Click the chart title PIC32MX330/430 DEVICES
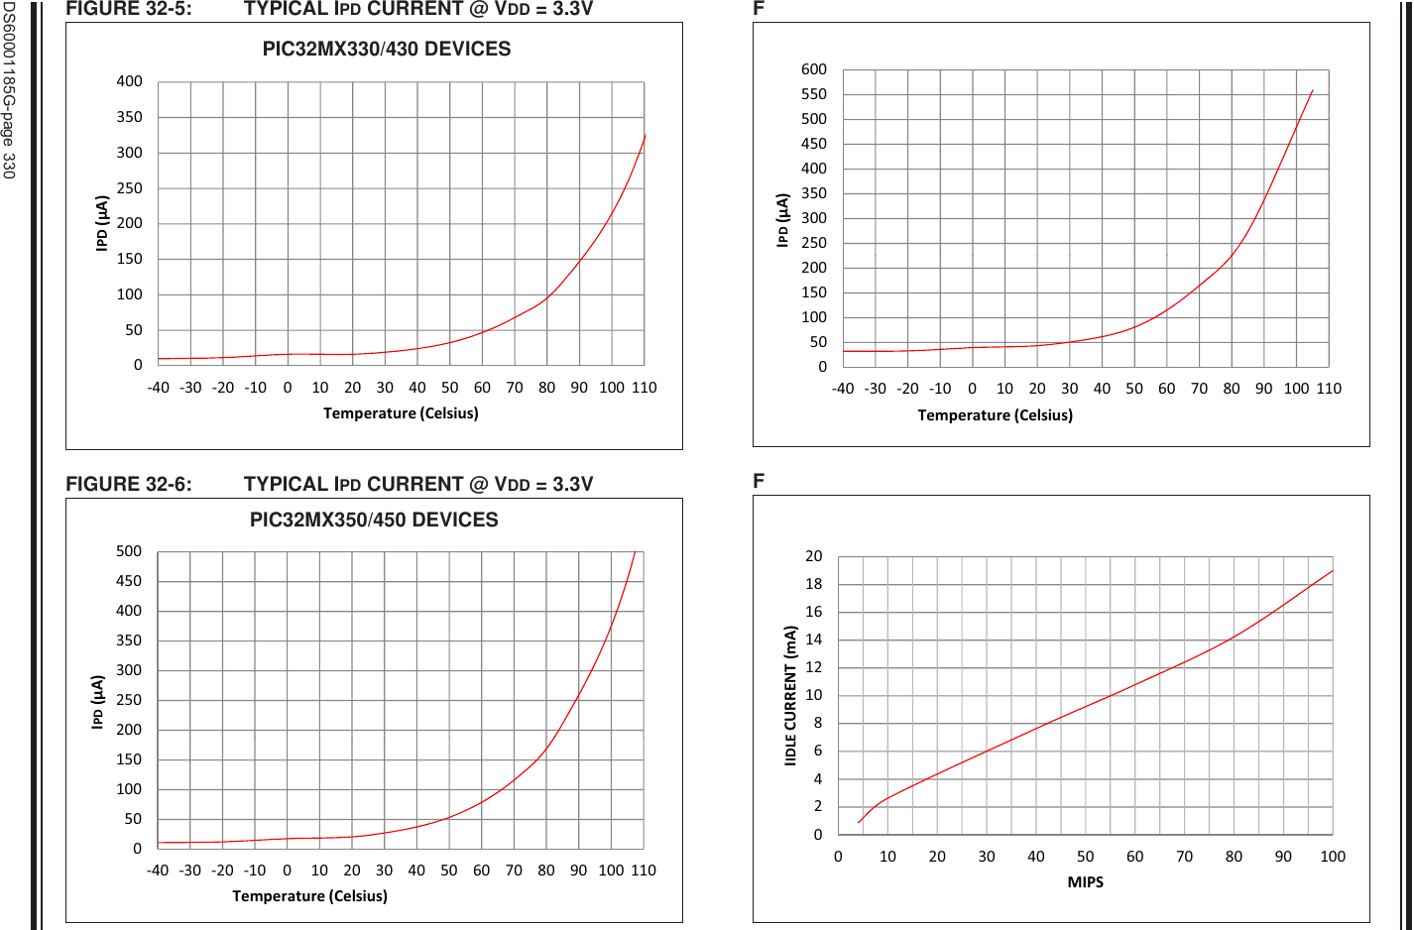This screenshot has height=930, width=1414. pos(387,49)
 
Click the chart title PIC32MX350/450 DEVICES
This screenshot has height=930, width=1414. pos(374,520)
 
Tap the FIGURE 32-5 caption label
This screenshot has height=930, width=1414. pos(129,9)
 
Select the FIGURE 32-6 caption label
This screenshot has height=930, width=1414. pos(129,484)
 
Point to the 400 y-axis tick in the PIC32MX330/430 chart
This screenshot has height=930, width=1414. pos(130,81)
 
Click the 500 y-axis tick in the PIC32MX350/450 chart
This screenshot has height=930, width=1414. pos(129,551)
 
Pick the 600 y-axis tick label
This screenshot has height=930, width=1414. pos(814,69)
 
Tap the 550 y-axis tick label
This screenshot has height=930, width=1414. pos(814,94)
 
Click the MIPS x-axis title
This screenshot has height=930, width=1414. pos(1085,882)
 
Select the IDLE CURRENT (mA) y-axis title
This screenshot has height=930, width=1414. pos(790,695)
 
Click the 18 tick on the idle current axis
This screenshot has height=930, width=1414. pos(814,584)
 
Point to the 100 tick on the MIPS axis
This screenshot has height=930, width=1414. pos(1333,857)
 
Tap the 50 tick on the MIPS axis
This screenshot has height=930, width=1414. pos(1085,857)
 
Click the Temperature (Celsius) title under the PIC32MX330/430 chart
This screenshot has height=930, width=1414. pos(401,413)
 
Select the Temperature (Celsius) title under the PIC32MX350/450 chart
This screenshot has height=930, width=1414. pos(309,896)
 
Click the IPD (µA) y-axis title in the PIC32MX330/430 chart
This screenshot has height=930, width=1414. pos(101,223)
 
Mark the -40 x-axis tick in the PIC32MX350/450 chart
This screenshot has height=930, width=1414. pos(158,871)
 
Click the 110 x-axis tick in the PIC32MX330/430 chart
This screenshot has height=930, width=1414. pos(645,388)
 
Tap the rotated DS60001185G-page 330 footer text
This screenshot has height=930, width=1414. pos(9,90)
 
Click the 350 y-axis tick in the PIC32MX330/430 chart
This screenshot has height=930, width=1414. pos(130,117)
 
